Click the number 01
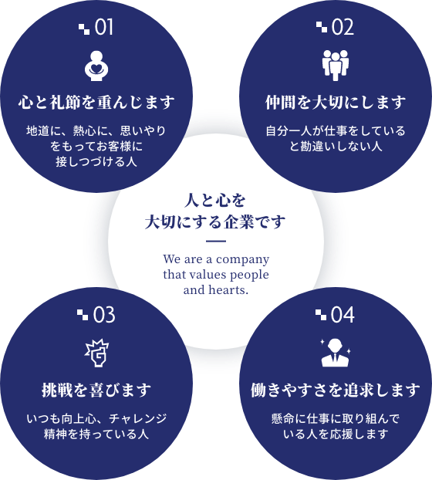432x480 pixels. tap(103, 27)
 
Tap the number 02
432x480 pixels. tap(343, 27)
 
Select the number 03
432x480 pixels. tap(104, 315)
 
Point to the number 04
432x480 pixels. tap(343, 315)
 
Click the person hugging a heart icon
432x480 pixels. tap(96, 66)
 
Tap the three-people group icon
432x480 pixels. tap(336, 65)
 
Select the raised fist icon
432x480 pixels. tap(97, 353)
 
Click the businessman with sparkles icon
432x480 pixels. tap(336, 353)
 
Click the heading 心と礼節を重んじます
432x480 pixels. tap(96, 102)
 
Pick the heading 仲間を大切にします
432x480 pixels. tap(336, 102)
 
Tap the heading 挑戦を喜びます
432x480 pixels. tap(96, 390)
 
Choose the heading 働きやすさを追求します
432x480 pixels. tap(336, 390)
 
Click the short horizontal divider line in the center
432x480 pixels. tap(216, 242)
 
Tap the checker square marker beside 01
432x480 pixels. tap(84, 29)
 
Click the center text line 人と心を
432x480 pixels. tap(215, 201)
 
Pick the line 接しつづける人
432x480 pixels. tap(96, 161)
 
